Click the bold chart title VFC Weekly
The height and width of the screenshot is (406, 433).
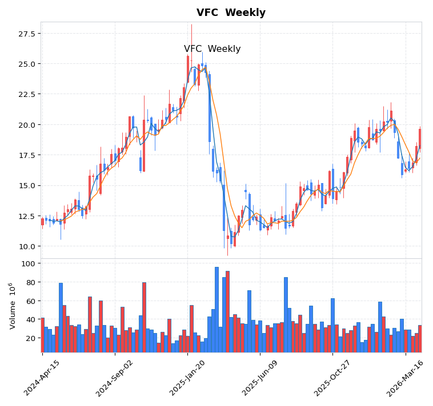[231, 13]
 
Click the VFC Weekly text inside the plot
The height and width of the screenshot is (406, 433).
[212, 49]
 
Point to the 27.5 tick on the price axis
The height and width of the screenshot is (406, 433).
[27, 34]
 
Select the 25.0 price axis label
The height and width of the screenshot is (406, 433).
[27, 64]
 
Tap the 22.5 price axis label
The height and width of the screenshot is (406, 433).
[27, 94]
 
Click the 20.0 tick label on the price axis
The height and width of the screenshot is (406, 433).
[27, 125]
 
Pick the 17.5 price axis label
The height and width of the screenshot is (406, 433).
[27, 155]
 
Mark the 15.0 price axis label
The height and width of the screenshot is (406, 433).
[27, 185]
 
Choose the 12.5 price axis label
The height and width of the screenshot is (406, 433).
[27, 216]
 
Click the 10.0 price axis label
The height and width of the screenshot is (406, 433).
[27, 246]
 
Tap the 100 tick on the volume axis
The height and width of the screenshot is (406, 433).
[29, 263]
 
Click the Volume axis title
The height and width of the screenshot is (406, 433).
[12, 306]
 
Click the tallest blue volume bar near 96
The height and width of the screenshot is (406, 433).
[216, 308]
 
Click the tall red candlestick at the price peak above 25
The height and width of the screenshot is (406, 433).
[187, 68]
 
